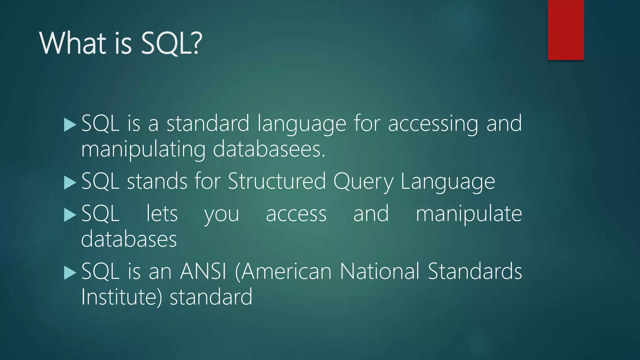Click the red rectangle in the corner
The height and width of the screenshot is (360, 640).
tap(566, 30)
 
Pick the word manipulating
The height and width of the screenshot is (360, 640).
tap(143, 150)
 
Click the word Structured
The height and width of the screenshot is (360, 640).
tap(277, 181)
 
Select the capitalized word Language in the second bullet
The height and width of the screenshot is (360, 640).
tap(447, 182)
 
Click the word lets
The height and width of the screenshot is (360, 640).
tap(162, 214)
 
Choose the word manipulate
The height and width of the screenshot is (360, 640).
tap(469, 214)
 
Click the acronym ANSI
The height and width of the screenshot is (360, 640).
tap(203, 271)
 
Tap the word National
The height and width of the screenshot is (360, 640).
tap(379, 271)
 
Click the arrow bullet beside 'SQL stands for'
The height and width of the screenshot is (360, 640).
tap(70, 182)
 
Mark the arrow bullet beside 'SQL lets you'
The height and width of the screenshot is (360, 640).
tap(70, 215)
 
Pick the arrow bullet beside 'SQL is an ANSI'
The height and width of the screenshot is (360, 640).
tap(70, 272)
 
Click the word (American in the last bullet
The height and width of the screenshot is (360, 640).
tap(283, 271)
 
